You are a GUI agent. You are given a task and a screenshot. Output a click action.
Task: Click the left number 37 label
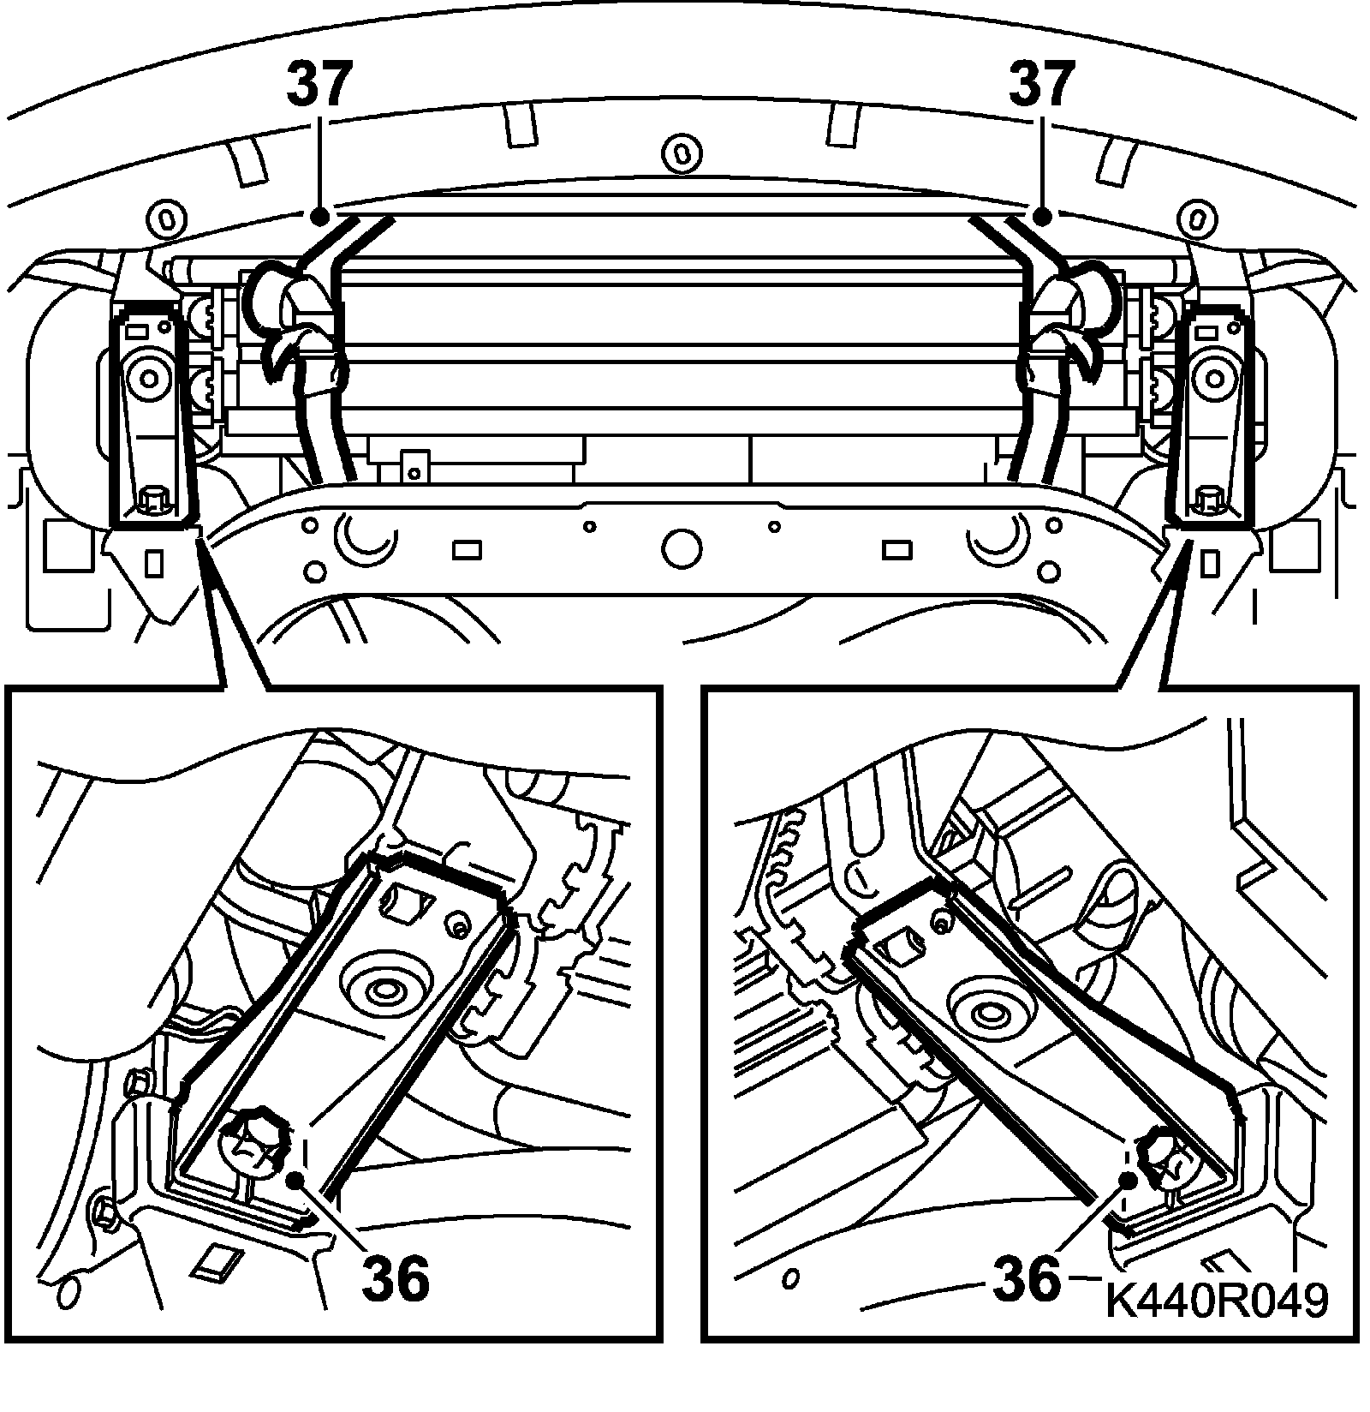pos(319,83)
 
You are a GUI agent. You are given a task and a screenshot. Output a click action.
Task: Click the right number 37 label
pos(1041,83)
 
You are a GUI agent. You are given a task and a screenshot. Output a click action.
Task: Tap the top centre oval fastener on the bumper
pos(682,153)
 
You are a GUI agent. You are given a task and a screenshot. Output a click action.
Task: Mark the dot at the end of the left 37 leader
pos(319,215)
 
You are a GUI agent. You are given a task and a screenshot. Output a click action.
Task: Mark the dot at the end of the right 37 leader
pos(1042,216)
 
